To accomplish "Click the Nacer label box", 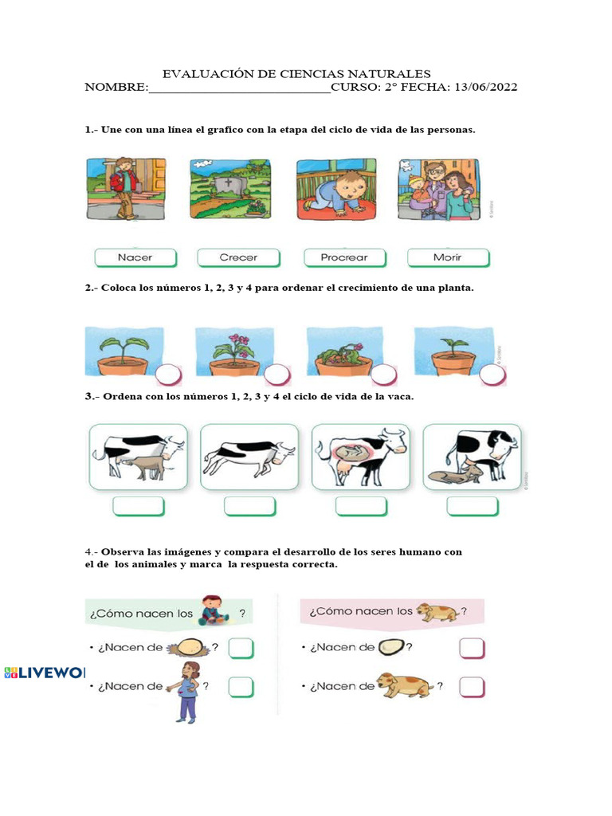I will (135, 257).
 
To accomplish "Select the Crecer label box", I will (238, 257).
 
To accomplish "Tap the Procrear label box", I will (344, 257).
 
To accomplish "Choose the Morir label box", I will (447, 257).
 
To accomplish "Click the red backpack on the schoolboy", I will (117, 181).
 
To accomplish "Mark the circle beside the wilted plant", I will (383, 374).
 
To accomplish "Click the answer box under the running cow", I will (249, 506).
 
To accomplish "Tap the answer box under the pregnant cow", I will (361, 506).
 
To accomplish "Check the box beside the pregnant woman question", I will (241, 686).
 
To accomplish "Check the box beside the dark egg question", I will (472, 649).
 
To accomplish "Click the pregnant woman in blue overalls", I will (188, 691).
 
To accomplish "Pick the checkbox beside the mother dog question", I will (472, 686).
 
